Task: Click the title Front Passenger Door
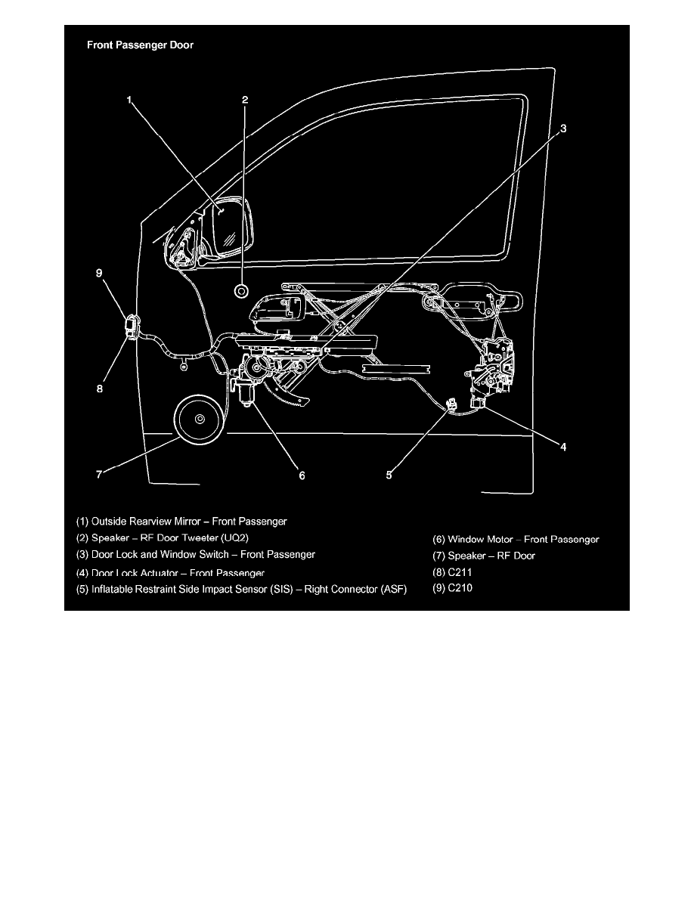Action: pyautogui.click(x=141, y=45)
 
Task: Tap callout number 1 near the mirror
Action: pyautogui.click(x=129, y=100)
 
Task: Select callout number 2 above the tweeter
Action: pyautogui.click(x=245, y=100)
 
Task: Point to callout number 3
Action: pyautogui.click(x=563, y=129)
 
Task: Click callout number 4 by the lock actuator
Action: pyautogui.click(x=563, y=447)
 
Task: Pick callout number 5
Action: pyautogui.click(x=389, y=475)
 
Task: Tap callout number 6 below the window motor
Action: pyautogui.click(x=302, y=475)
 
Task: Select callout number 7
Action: pyautogui.click(x=99, y=474)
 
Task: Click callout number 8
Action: pyautogui.click(x=100, y=389)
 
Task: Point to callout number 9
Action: pyautogui.click(x=99, y=273)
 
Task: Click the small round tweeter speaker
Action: pyautogui.click(x=241, y=290)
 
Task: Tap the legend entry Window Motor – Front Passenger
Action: pyautogui.click(x=516, y=540)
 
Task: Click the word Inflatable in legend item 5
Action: pyautogui.click(x=112, y=590)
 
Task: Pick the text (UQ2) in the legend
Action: pyautogui.click(x=234, y=537)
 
